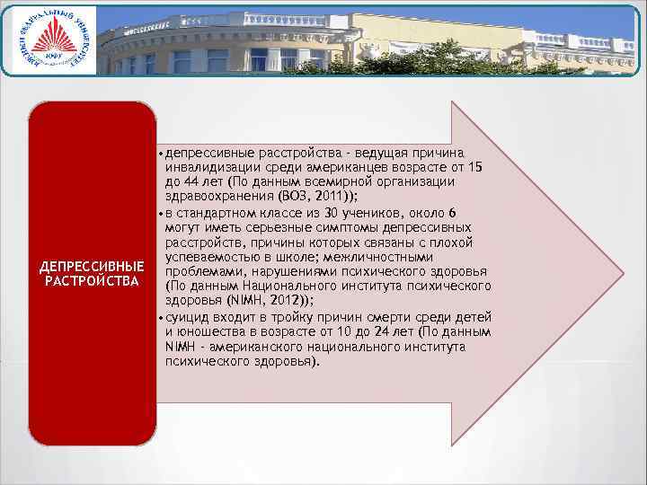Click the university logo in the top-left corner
point(53,40)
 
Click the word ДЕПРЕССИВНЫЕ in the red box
point(93,268)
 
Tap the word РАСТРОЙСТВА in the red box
point(93,282)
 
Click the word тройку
point(267,316)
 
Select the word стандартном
point(216,212)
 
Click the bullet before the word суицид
point(160,317)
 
